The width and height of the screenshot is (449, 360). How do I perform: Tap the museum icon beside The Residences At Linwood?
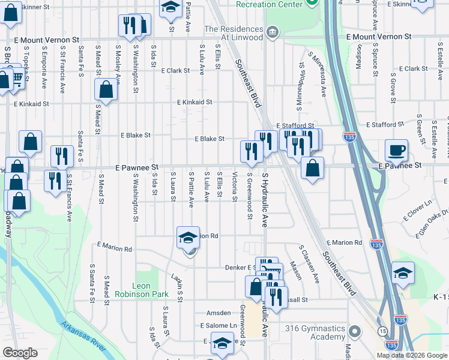click(x=273, y=31)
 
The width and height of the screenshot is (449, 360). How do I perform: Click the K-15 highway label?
click(x=440, y=297)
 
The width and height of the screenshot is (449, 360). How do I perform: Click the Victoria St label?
click(x=235, y=188)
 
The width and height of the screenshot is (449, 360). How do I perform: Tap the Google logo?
click(x=20, y=353)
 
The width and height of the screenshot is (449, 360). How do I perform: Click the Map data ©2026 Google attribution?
click(x=412, y=355)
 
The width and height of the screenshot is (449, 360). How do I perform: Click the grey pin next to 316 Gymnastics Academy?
click(x=354, y=331)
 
